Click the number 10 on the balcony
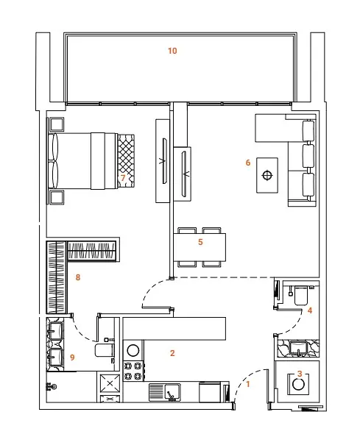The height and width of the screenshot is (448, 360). pyautogui.click(x=172, y=51)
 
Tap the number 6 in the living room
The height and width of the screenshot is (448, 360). pyautogui.click(x=248, y=163)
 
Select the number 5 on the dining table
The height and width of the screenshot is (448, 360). pyautogui.click(x=200, y=242)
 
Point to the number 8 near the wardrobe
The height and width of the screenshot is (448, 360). pyautogui.click(x=78, y=277)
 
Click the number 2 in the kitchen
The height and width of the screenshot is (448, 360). pyautogui.click(x=172, y=353)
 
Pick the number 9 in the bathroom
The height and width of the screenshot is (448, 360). pyautogui.click(x=72, y=357)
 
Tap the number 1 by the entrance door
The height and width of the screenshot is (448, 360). pyautogui.click(x=248, y=384)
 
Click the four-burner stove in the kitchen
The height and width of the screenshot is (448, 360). pyautogui.click(x=133, y=371)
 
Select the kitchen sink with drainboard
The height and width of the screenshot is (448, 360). pyautogui.click(x=165, y=392)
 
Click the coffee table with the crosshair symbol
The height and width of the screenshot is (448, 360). pyautogui.click(x=267, y=175)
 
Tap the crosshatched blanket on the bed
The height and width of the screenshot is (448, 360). pyautogui.click(x=126, y=161)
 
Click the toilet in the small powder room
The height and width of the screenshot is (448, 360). pyautogui.click(x=301, y=295)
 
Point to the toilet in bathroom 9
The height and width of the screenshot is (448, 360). pyautogui.click(x=105, y=350)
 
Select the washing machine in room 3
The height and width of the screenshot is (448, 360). pyautogui.click(x=298, y=384)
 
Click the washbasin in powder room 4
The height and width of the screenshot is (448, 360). pyautogui.click(x=298, y=349)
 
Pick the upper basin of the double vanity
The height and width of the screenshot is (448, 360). pyautogui.click(x=55, y=330)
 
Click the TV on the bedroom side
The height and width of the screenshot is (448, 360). pyautogui.click(x=164, y=161)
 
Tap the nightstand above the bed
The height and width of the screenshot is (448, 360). pyautogui.click(x=57, y=124)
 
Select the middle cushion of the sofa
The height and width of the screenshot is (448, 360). pyautogui.click(x=308, y=156)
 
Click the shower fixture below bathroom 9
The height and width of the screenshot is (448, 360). pyautogui.click(x=52, y=387)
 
